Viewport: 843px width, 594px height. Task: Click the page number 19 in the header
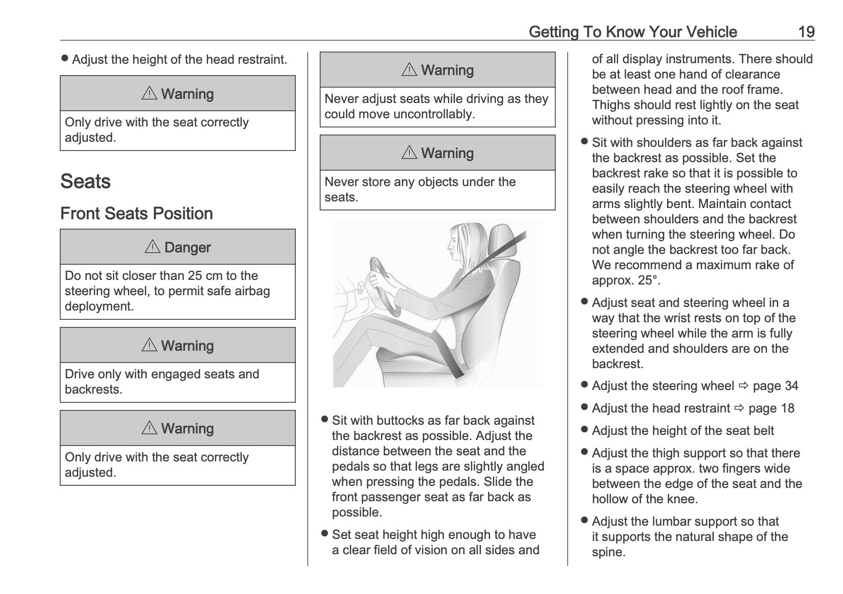(806, 32)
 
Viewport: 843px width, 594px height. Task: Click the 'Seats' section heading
(85, 182)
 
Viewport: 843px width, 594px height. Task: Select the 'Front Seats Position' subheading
(136, 213)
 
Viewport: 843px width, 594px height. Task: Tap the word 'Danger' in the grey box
(187, 247)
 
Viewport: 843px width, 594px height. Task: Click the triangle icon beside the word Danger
(152, 247)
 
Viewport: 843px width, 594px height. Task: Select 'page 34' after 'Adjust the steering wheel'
(775, 386)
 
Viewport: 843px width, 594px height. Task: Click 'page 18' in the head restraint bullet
(771, 408)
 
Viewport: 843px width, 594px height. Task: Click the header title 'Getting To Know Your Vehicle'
(632, 32)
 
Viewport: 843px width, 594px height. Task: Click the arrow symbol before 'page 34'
(743, 386)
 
